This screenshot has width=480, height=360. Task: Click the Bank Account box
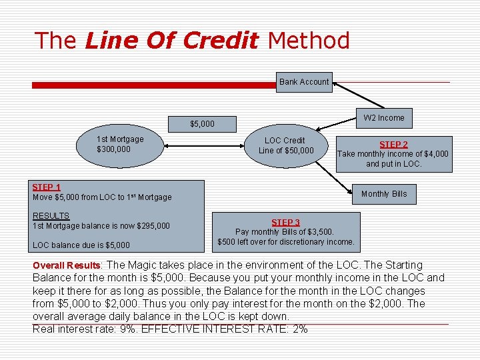pyautogui.click(x=304, y=82)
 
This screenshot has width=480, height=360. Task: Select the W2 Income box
pyautogui.click(x=384, y=118)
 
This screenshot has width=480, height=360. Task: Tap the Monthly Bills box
pyautogui.click(x=384, y=194)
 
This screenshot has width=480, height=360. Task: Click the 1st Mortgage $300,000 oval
pyautogui.click(x=120, y=145)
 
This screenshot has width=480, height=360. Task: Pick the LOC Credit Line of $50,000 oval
pyautogui.click(x=285, y=145)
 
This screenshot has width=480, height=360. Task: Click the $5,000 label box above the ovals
pyautogui.click(x=202, y=123)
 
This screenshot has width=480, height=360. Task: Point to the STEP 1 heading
pyautogui.click(x=47, y=187)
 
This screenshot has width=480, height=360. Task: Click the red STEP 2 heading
pyautogui.click(x=393, y=144)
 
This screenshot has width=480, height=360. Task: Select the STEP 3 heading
pyautogui.click(x=285, y=222)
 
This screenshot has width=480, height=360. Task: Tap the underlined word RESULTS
pyautogui.click(x=51, y=216)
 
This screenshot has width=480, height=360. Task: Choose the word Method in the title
pyautogui.click(x=309, y=41)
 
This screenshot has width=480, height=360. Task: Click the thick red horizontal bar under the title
pyautogui.click(x=153, y=85)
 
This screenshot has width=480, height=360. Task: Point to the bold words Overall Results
pyautogui.click(x=66, y=265)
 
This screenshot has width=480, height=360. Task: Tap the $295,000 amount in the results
pyautogui.click(x=153, y=226)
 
